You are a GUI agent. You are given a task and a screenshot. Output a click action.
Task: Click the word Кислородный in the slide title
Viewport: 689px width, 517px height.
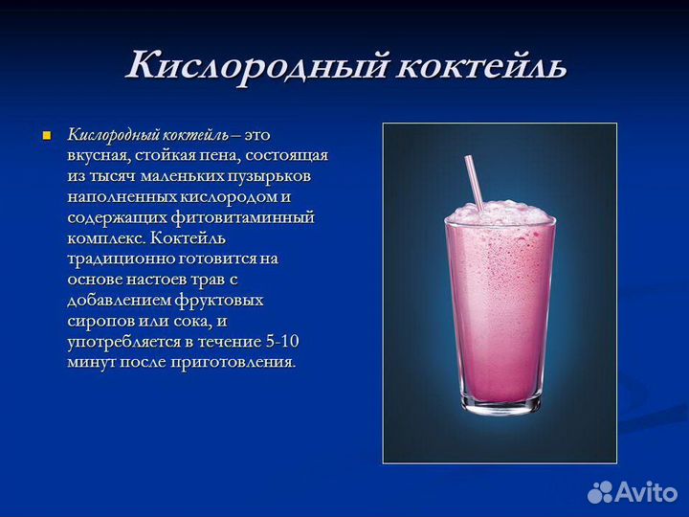tap(254, 65)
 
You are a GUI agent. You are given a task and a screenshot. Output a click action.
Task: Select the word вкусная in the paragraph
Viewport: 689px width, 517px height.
tap(97, 155)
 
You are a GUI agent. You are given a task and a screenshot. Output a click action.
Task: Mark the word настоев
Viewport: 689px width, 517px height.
tap(154, 280)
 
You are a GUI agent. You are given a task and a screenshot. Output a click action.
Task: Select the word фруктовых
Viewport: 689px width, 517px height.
tap(225, 301)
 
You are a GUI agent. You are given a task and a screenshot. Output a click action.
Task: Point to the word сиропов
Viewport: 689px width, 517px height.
tap(99, 321)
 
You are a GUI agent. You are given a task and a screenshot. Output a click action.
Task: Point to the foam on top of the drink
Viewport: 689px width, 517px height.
tap(500, 214)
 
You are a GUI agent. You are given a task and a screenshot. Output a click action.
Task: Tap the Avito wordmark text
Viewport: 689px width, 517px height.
tap(649, 492)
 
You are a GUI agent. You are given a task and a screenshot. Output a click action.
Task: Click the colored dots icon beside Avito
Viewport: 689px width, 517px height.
tap(601, 492)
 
